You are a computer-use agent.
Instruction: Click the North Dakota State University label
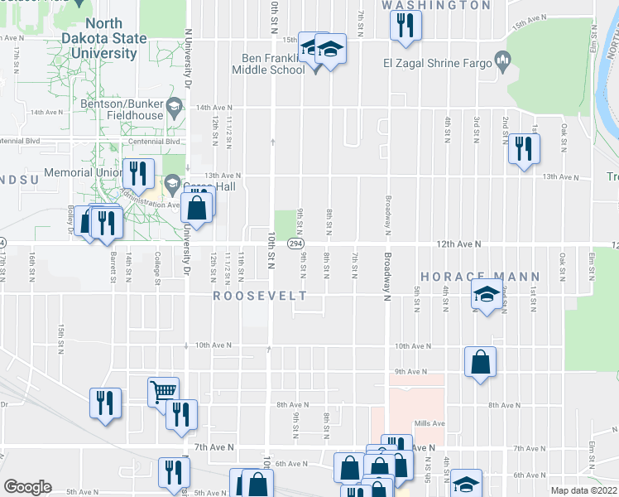[x=103, y=38]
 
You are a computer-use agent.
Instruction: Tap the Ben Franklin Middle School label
[x=277, y=64]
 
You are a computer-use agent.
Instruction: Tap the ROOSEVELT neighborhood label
[x=260, y=296]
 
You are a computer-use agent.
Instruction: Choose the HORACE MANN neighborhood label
[x=480, y=277]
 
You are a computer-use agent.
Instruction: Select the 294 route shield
[x=295, y=244]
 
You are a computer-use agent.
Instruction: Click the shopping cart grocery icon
[x=164, y=391]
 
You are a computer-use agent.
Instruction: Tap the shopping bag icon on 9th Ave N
[x=481, y=362]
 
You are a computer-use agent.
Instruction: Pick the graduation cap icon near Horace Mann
[x=487, y=294]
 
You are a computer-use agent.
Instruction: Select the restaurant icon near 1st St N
[x=523, y=148]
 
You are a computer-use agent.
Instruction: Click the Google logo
[x=27, y=487]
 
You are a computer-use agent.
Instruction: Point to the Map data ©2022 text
[x=583, y=490]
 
